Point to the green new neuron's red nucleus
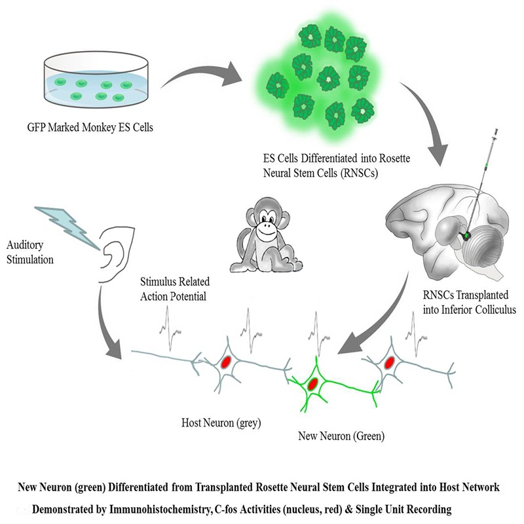pyautogui.click(x=314, y=383)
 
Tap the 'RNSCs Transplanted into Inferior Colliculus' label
pyautogui.click(x=464, y=300)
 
